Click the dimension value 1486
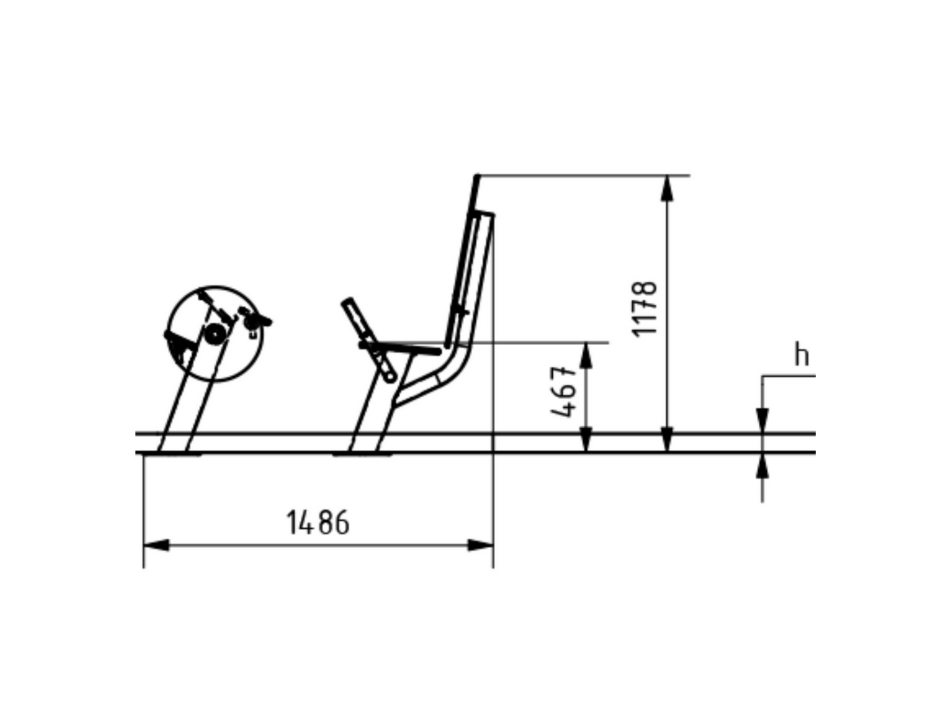coord(318,522)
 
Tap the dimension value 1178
coord(644,309)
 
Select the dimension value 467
coord(563,392)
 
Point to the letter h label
coord(802,354)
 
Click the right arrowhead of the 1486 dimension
coord(480,545)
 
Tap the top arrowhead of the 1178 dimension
coord(667,188)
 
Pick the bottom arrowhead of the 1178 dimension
coord(667,439)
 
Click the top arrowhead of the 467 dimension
coord(586,356)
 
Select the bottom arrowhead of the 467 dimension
coord(586,439)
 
